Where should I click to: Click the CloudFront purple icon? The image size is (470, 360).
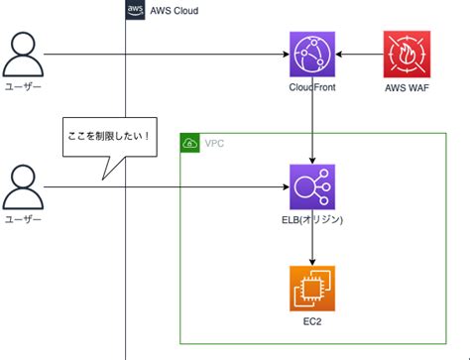pos(313,55)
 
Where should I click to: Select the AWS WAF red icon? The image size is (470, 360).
pos(407,55)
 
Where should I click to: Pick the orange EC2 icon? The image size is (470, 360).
pos(313,289)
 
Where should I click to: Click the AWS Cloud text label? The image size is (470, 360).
pos(175,10)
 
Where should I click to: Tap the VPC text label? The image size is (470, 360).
pos(214,143)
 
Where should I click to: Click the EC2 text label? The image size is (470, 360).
pos(313,322)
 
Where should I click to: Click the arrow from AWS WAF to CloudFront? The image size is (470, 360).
pos(360,55)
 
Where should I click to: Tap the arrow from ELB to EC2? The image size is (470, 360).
pos(313,247)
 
